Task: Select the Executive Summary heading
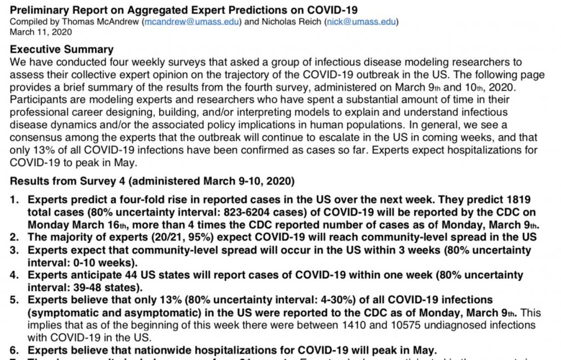[62, 50]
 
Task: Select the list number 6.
[15, 350]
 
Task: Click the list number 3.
[15, 250]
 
